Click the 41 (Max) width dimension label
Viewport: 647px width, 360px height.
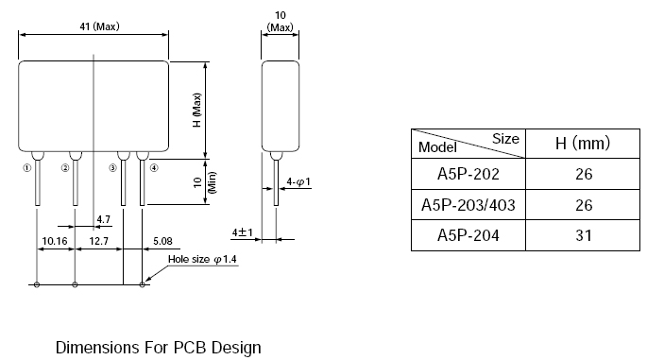[x=99, y=26]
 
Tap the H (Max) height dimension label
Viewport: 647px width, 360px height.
[x=197, y=110]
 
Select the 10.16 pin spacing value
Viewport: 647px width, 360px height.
[x=55, y=241]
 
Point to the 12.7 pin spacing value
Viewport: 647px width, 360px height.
[x=98, y=241]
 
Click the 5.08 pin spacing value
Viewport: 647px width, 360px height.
[x=162, y=241]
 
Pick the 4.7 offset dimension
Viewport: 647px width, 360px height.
[x=104, y=219]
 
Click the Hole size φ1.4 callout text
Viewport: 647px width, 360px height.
[x=202, y=259]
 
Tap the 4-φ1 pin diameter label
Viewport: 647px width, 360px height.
[x=298, y=181]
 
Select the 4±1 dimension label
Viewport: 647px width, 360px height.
[x=242, y=232]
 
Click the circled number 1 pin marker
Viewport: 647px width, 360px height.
[x=27, y=168]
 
